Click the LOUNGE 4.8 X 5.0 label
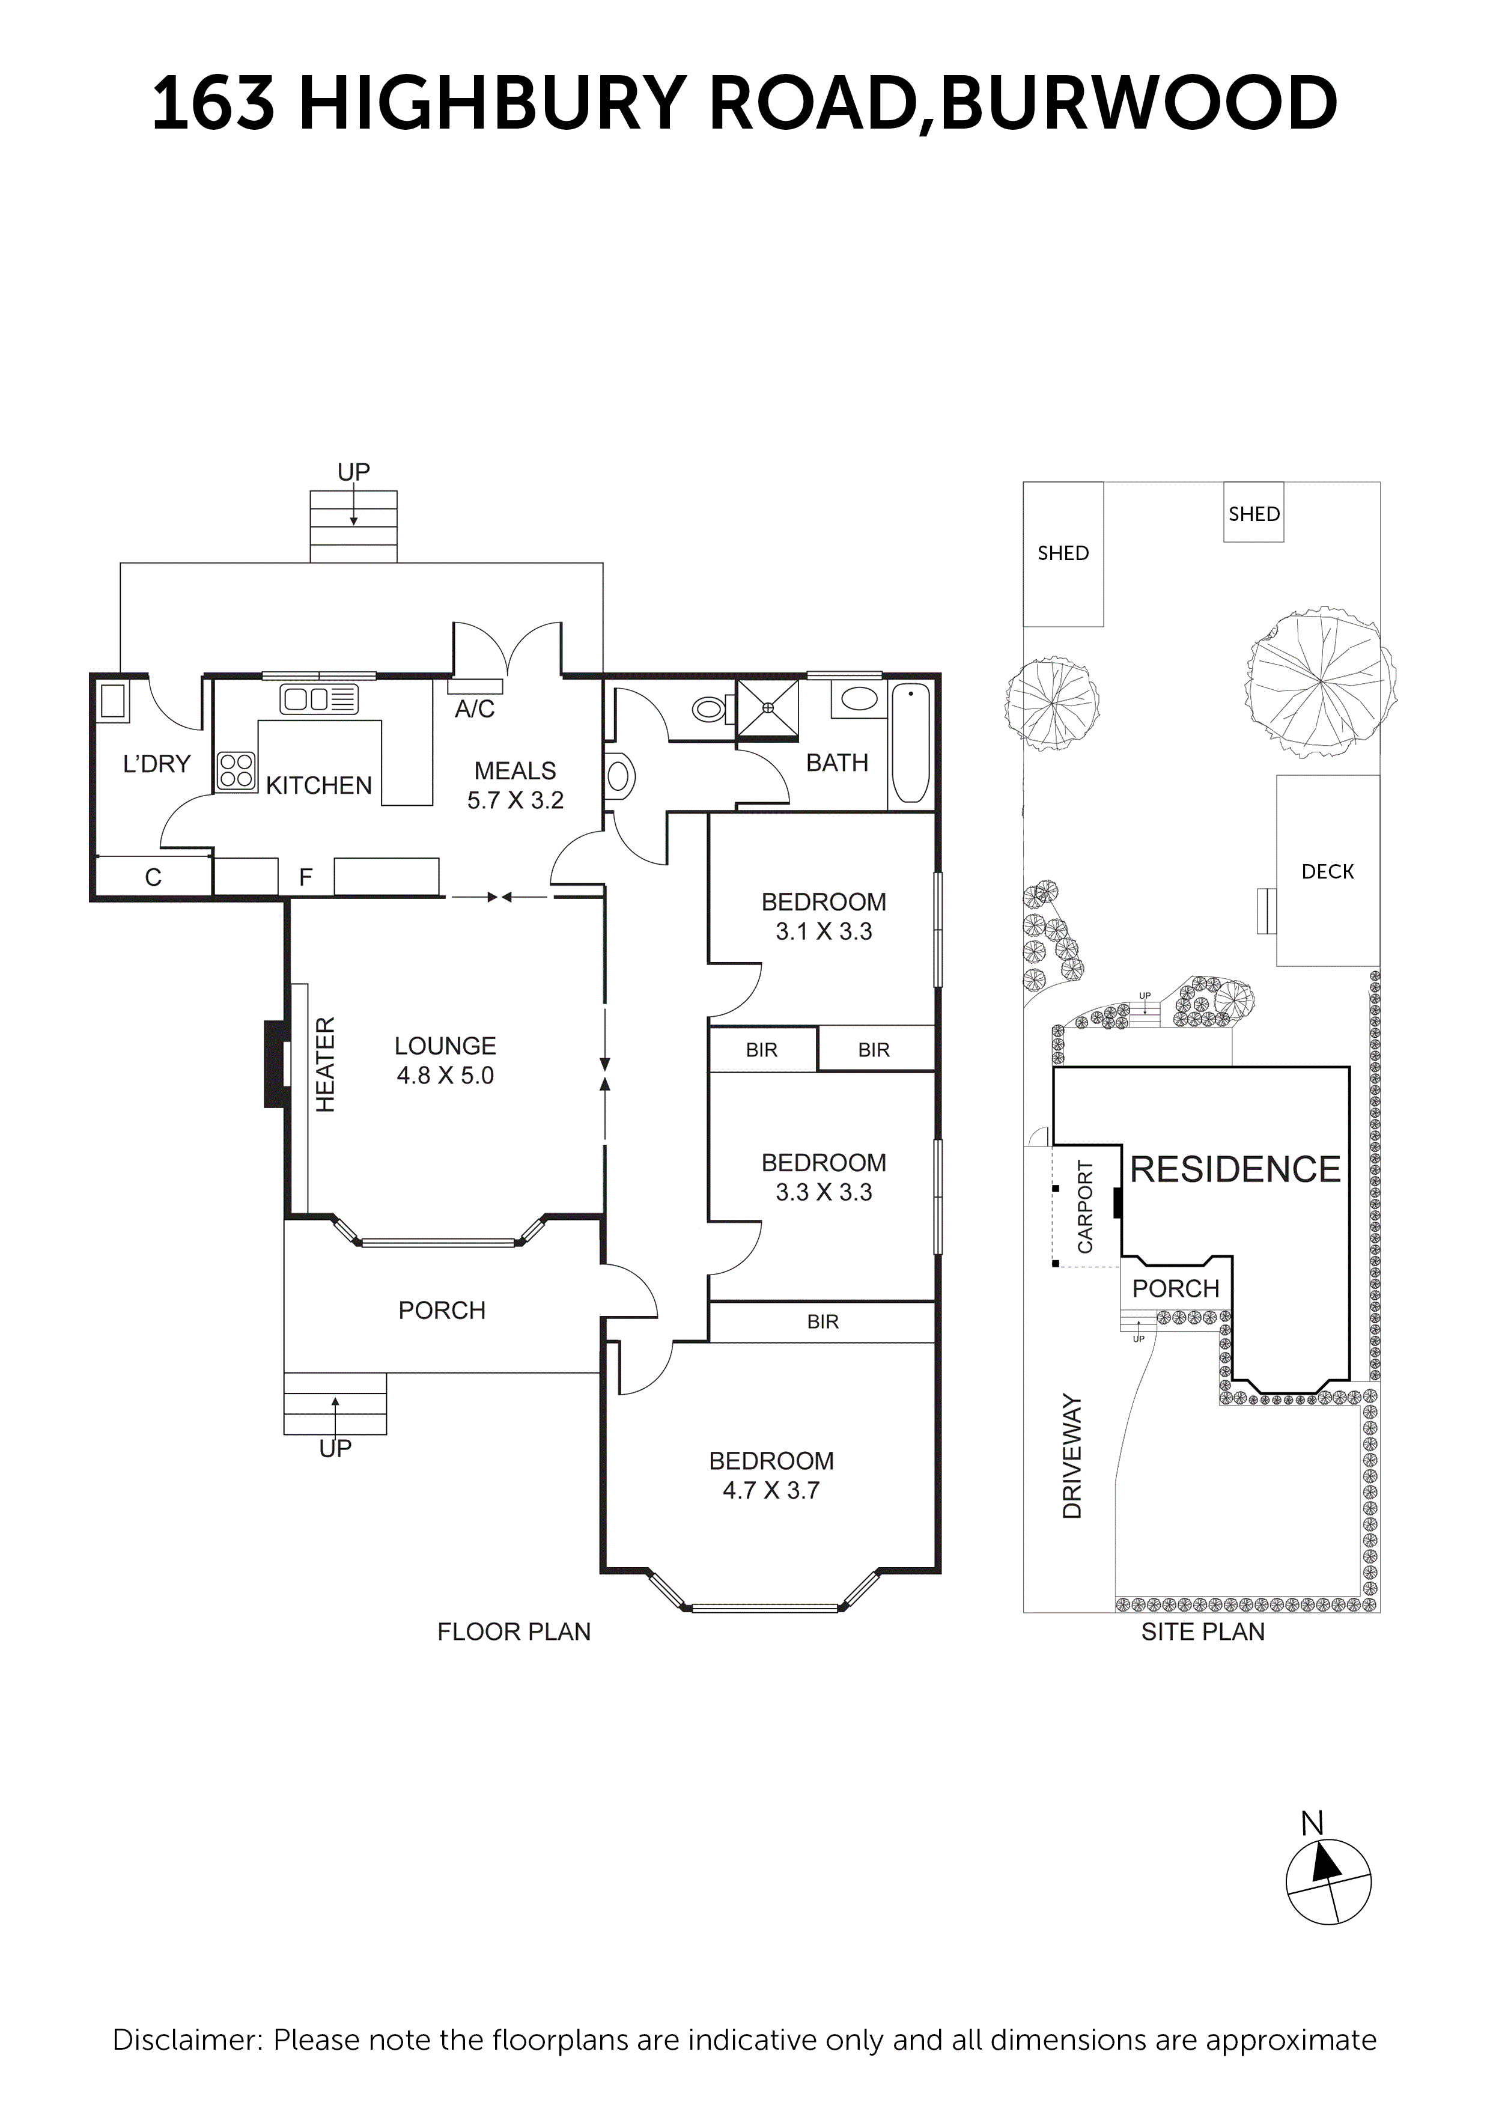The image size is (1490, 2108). pos(445,1061)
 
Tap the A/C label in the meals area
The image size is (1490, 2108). pos(475,709)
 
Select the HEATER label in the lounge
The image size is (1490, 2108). pos(326,1064)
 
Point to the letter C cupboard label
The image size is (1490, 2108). pos(153,878)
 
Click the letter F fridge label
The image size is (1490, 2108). pos(306,878)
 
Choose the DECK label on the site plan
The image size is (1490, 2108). pos(1328,871)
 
